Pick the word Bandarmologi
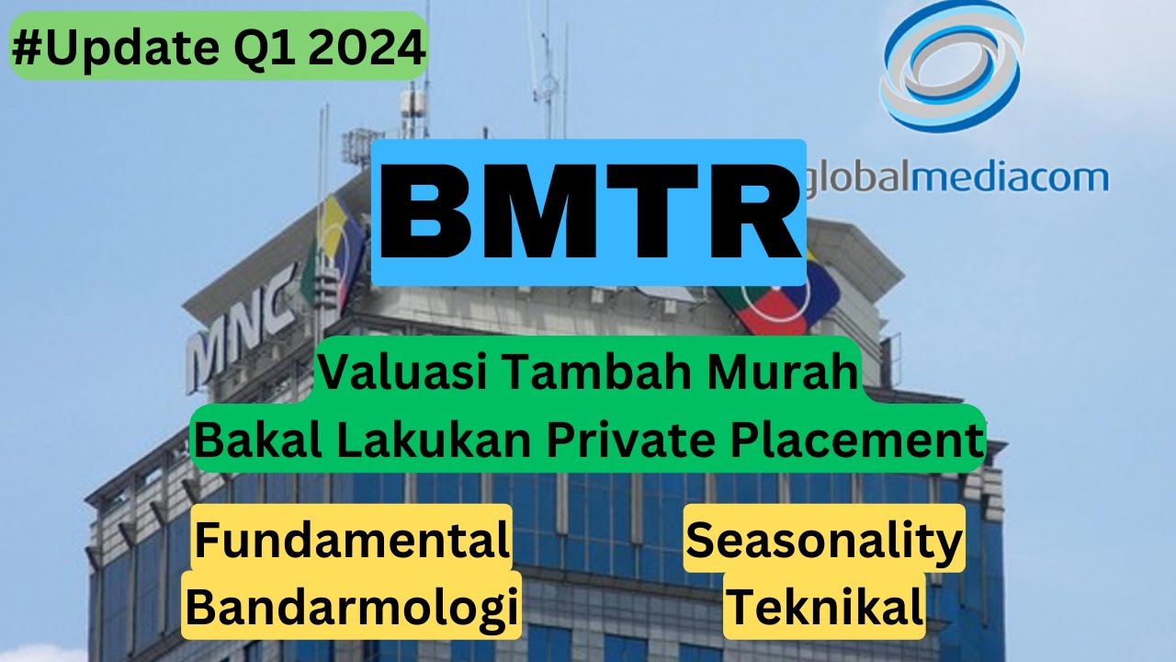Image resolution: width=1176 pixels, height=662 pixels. click(x=351, y=607)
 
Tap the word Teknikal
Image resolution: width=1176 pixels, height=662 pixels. click(x=824, y=607)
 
